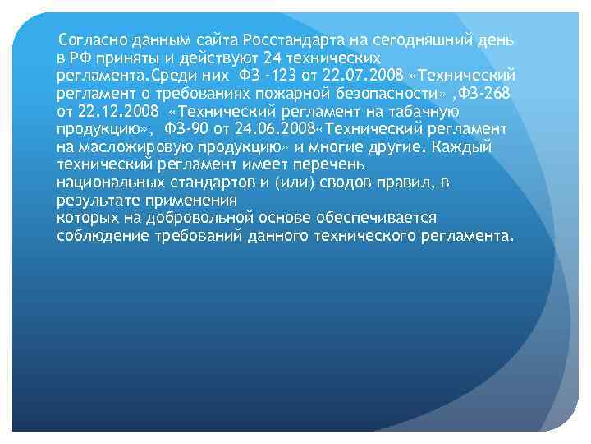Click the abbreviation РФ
80,58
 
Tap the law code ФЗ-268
486,94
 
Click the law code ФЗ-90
185,129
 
